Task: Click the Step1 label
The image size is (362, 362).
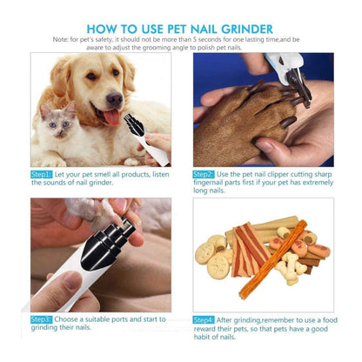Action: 42,174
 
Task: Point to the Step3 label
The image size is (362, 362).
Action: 42,319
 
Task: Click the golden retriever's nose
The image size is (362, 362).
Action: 111,94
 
